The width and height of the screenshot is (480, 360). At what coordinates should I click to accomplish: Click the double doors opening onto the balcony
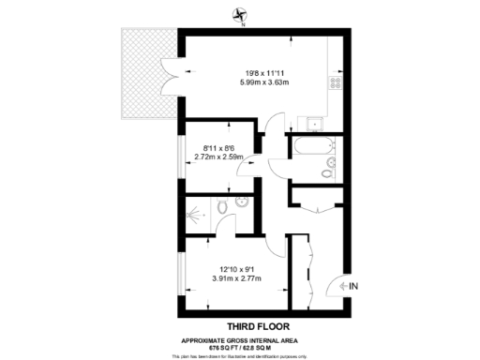coord(172,71)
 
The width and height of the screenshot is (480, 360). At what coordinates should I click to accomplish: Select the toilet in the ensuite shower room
coord(222,208)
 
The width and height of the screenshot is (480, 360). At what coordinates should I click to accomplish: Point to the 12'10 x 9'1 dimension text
coord(236,269)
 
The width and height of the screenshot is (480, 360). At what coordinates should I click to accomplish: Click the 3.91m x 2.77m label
coord(236,279)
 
